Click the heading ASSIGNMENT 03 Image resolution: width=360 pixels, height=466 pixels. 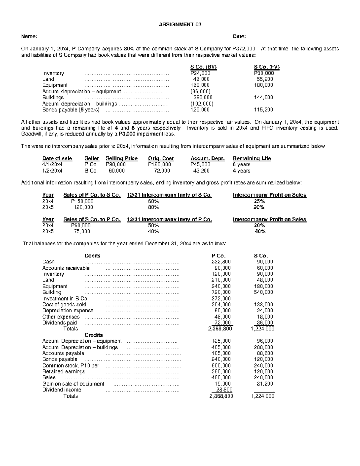180,25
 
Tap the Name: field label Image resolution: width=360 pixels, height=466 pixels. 29,37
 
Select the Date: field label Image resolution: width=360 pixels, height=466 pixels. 239,37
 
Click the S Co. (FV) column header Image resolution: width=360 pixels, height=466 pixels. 267,67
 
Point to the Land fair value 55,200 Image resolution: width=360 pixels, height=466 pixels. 265,79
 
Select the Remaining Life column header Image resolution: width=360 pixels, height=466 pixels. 252,158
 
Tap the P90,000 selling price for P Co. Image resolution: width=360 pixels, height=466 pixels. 116,164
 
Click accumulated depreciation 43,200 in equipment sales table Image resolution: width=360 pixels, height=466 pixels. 201,171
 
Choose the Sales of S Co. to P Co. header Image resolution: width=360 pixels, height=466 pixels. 92,219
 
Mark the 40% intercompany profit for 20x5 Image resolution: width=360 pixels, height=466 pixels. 259,231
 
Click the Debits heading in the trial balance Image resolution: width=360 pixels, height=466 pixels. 93,256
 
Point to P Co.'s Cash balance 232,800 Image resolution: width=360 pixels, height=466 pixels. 221,262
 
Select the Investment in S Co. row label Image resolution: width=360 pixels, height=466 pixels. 65,299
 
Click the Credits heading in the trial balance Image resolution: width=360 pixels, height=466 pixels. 94,335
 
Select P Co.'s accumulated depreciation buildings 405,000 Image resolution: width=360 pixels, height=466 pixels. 221,347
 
